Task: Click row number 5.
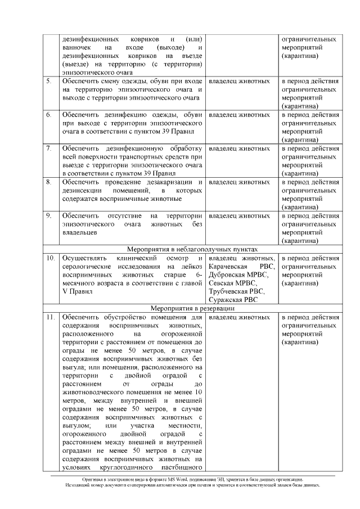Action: tap(49, 82)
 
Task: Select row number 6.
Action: tap(49, 115)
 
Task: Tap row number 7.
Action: tap(49, 148)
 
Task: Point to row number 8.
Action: tap(49, 182)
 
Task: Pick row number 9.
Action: tap(49, 216)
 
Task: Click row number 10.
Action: tap(50, 258)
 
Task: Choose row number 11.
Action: tap(50, 317)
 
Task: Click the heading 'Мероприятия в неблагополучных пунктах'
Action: tap(193, 249)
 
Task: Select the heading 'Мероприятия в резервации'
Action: tap(193, 308)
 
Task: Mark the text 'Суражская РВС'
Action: tap(234, 300)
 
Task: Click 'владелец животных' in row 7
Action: tap(239, 148)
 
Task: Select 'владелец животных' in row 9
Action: tap(239, 216)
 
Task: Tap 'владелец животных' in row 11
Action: tap(239, 317)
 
